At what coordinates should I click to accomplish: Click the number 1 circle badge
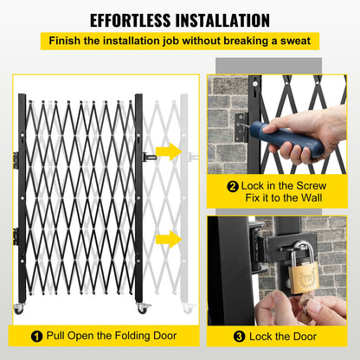(x=35, y=336)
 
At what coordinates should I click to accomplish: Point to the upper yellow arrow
(x=169, y=152)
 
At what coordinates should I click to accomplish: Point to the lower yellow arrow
(x=169, y=238)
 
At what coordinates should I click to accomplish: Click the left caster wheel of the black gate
(x=18, y=309)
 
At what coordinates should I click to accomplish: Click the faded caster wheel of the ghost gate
(x=189, y=308)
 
